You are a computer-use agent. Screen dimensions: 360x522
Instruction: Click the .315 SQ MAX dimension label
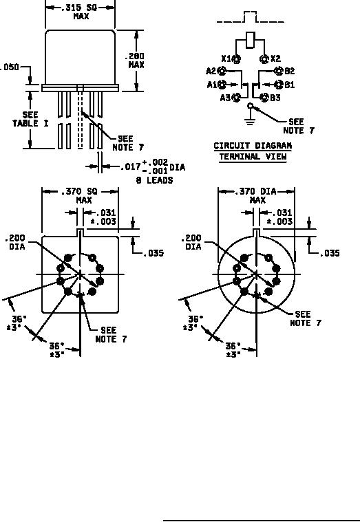pos(81,12)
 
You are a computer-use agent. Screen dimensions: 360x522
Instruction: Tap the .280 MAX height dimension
pos(136,61)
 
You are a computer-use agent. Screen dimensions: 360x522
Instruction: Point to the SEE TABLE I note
pos(30,119)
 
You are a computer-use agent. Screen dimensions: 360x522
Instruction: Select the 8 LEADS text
pos(154,180)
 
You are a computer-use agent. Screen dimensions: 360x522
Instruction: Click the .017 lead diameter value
pos(130,166)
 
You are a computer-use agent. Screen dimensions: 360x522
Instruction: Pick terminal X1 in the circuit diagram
pos(237,59)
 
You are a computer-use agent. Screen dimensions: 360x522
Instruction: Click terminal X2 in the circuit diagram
pos(264,59)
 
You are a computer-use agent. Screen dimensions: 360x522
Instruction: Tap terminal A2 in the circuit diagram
pos(222,71)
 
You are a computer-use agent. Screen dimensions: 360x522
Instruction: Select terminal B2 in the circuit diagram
pos(278,71)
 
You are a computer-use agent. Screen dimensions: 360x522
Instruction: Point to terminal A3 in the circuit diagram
pos(237,98)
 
